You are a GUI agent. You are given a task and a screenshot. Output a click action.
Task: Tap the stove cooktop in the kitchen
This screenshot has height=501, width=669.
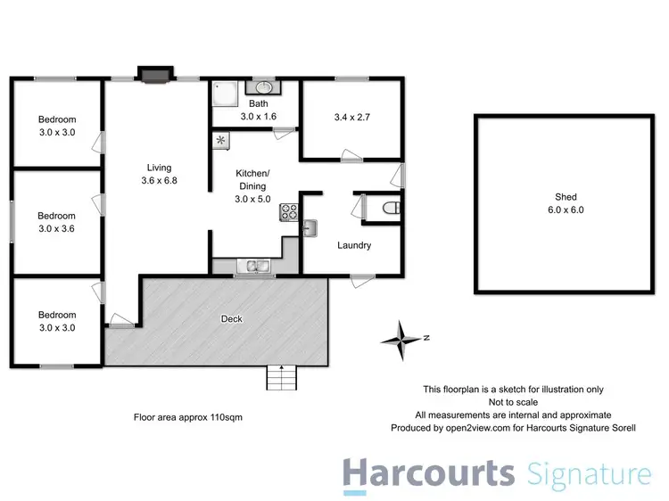289,212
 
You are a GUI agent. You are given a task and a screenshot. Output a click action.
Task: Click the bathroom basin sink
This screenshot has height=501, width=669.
263,87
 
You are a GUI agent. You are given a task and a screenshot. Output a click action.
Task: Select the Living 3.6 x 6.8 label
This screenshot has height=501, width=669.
160,174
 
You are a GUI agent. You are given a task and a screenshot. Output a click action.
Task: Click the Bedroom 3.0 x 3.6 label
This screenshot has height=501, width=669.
56,221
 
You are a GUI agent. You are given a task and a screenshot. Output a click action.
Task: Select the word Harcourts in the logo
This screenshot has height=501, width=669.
429,472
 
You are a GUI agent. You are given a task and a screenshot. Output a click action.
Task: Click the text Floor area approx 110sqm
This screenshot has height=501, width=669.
187,416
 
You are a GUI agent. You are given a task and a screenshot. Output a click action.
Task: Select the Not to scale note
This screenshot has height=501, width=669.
514,402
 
